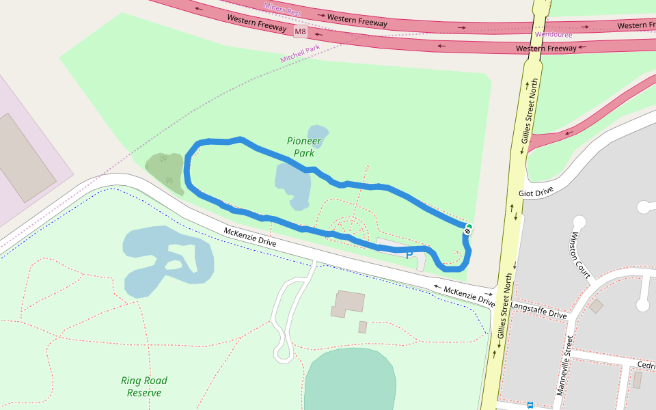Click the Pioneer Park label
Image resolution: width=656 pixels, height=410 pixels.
[x=304, y=147]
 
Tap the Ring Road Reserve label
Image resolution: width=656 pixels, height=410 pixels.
[x=144, y=387]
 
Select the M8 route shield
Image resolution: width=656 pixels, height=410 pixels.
[x=301, y=32]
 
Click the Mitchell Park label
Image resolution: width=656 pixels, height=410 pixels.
[x=300, y=54]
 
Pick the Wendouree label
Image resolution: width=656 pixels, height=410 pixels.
[x=553, y=34]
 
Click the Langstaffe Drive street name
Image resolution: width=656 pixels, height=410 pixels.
[x=538, y=310]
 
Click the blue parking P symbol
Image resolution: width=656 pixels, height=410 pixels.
[x=409, y=255]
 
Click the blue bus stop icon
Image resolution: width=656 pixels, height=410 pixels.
[x=530, y=405]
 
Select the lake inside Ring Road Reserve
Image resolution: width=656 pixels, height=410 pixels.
[x=167, y=260]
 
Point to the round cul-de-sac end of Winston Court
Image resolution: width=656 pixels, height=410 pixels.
[x=579, y=222]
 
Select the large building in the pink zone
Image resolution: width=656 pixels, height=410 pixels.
[x=25, y=158]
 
